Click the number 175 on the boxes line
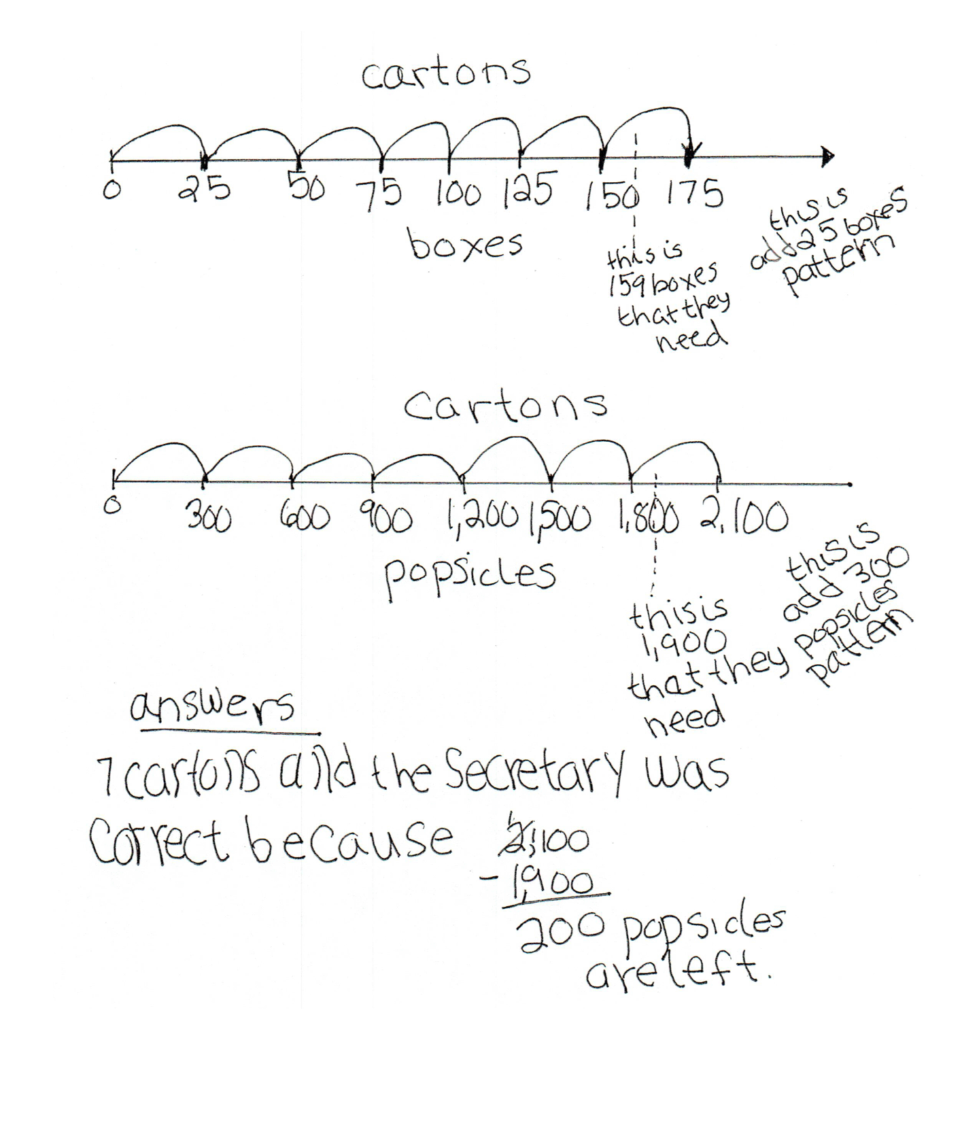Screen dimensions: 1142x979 pyautogui.click(x=693, y=195)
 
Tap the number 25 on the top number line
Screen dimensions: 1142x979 pyautogui.click(x=205, y=190)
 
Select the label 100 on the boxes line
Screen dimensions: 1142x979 pyautogui.click(x=458, y=195)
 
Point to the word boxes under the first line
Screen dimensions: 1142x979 pyautogui.click(x=466, y=245)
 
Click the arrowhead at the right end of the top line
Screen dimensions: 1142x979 pyautogui.click(x=827, y=157)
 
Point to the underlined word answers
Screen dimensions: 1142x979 pyautogui.click(x=212, y=708)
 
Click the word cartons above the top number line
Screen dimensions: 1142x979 pyautogui.click(x=445, y=73)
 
